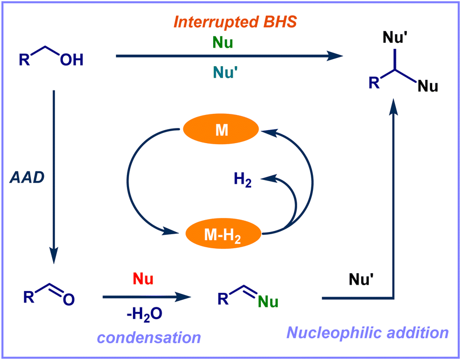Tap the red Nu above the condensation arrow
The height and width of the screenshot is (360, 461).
143,280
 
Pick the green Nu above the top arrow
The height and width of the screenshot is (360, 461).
222,42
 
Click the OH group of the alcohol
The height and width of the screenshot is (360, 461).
71,60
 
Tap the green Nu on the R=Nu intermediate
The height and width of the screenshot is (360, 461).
266,301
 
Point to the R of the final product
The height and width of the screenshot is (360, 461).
374,82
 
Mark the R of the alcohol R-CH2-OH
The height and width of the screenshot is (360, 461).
24,59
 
